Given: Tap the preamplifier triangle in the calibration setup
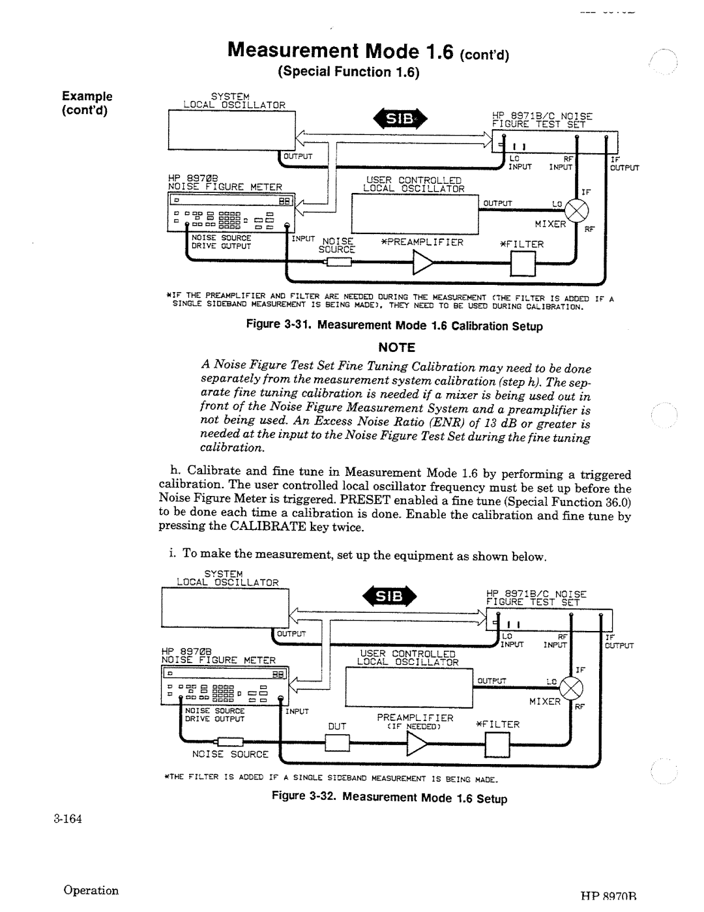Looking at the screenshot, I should tap(422, 262).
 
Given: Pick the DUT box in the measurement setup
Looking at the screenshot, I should tap(337, 743).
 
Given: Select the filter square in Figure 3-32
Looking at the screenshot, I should tap(497, 743).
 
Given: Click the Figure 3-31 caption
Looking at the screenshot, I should tap(394, 325).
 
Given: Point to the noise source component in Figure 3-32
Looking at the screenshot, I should tap(229, 742).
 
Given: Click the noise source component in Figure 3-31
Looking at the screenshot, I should tap(338, 262).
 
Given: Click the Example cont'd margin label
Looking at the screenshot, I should tap(87, 102).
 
